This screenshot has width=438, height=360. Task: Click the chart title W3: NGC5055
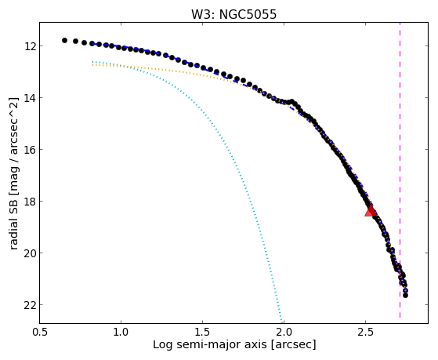coord(233,14)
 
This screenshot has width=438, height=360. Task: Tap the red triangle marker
coord(371,211)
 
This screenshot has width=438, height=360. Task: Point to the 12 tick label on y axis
coord(30,45)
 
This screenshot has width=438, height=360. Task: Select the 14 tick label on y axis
coord(30,97)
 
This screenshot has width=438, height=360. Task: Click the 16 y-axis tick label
coord(30,149)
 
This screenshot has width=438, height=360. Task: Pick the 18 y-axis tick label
coord(30,201)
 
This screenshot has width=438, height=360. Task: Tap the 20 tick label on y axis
coord(30,253)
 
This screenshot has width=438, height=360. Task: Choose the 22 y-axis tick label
coord(30,305)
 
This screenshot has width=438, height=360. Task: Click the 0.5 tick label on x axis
coord(39,332)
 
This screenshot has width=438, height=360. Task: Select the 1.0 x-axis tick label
coord(121,332)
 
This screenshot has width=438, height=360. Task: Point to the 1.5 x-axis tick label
coord(202,332)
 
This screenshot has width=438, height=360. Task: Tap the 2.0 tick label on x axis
coord(284,332)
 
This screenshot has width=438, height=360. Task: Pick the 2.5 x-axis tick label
coord(365,332)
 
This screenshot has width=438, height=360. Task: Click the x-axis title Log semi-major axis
coord(210,344)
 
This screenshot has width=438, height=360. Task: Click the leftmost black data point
coord(64,40)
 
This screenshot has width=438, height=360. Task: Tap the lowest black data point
coord(405,295)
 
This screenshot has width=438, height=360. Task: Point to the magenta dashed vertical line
coord(400,170)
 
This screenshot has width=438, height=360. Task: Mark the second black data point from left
coord(75,41)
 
